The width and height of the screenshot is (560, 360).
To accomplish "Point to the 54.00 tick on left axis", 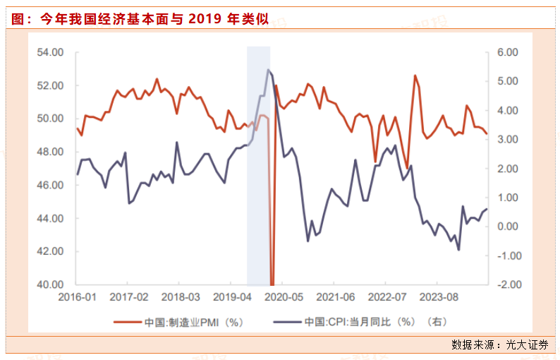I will click(50, 52).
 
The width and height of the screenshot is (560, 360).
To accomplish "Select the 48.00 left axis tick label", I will click(50, 152).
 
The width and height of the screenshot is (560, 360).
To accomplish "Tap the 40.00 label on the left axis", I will click(50, 284).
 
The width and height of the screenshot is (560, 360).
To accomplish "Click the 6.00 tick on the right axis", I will click(507, 52).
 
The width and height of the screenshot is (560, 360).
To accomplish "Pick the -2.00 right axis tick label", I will click(506, 284).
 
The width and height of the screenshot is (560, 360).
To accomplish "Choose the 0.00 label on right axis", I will click(507, 227).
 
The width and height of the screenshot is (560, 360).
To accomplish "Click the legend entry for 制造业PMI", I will click(194, 322).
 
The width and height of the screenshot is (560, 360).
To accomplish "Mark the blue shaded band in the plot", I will click(258, 162).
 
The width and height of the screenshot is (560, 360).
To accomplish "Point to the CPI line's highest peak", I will click(268, 69).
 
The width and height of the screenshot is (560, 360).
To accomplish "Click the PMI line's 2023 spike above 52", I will click(415, 76).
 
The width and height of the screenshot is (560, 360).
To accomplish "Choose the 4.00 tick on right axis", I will click(507, 111).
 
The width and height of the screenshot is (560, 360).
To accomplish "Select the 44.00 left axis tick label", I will click(50, 218).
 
